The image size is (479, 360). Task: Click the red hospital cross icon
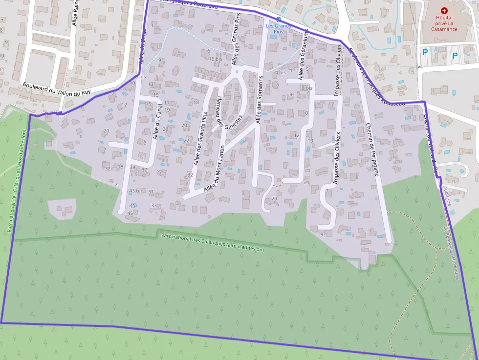[x=444, y=10]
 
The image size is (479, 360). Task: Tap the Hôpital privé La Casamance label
[x=444, y=23]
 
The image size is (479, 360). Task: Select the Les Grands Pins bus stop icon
[x=272, y=19]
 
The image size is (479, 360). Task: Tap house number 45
[x=130, y=213]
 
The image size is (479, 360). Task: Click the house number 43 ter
[x=135, y=191]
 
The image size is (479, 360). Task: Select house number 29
[x=274, y=199]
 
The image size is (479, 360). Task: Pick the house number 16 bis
[x=216, y=59]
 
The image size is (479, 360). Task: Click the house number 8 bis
[x=306, y=88]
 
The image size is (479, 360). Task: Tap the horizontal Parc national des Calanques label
[x=212, y=242]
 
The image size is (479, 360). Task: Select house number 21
[x=307, y=183]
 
